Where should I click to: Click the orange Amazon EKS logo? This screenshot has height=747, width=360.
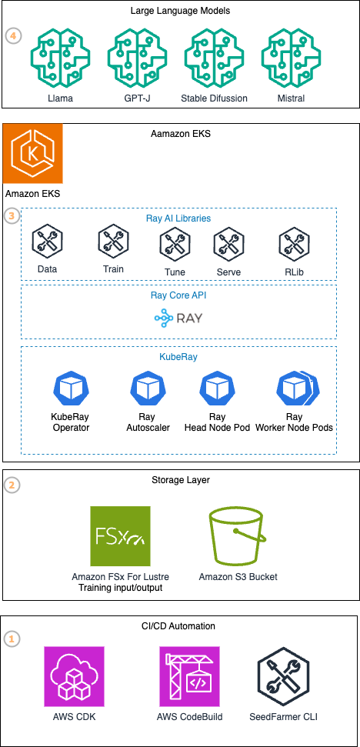[x=33, y=152]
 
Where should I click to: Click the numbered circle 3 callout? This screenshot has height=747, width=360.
[x=12, y=215]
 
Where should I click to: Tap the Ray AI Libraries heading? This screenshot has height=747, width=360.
[x=178, y=218]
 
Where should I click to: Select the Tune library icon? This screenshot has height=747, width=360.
[x=175, y=245]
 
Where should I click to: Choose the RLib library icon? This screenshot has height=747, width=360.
[x=293, y=245]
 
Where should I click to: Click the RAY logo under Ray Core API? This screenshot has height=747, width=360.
[x=178, y=317]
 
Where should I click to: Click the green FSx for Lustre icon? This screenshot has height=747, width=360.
[x=120, y=536]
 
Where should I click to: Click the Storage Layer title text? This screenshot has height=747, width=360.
[x=181, y=480]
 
